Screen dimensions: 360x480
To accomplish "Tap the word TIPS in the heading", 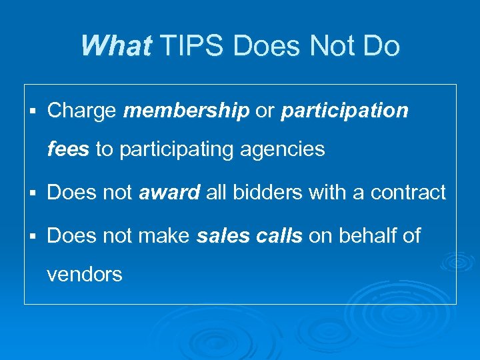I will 186,46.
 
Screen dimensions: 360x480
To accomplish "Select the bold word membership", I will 187,111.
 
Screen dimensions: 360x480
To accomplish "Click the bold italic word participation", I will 345,111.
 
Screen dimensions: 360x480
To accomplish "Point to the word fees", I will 68,149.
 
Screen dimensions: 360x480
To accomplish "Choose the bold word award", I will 169,193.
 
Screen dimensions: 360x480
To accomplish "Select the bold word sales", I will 221,235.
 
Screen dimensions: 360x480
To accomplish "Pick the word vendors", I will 85,274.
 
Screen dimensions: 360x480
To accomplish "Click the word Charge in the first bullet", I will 82,111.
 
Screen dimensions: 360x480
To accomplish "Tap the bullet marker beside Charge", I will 33,111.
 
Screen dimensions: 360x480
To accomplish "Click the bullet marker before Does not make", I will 33,236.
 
